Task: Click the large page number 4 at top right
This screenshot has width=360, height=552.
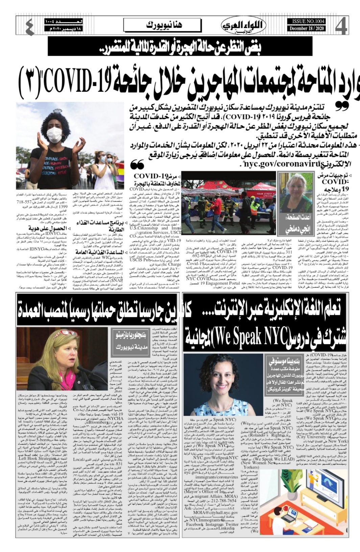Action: pos(341,26)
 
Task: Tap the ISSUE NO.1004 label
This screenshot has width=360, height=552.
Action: pos(306,21)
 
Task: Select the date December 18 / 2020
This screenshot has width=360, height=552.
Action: pos(306,28)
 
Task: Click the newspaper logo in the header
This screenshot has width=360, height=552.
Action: pos(244,25)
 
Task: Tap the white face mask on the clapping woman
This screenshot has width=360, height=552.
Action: pos(54,134)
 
